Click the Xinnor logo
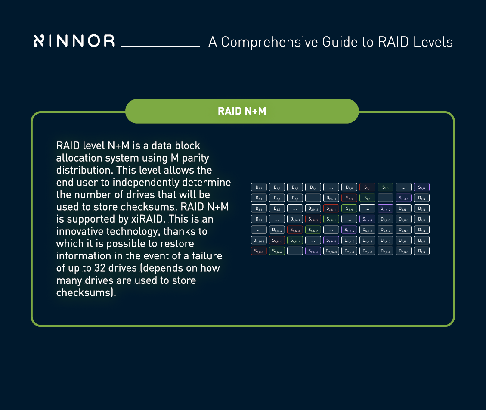(x=74, y=41)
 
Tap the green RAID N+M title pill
(x=242, y=111)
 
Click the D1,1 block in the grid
(x=259, y=187)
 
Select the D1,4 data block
(x=313, y=187)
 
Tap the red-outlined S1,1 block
(x=368, y=187)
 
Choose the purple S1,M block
(x=422, y=187)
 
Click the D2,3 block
(x=295, y=198)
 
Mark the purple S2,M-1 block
(x=404, y=198)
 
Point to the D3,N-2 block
(x=313, y=208)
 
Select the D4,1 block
(x=259, y=219)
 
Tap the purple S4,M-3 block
(x=368, y=219)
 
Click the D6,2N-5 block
(x=259, y=240)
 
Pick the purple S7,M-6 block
(x=313, y=251)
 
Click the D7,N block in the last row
(x=422, y=251)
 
